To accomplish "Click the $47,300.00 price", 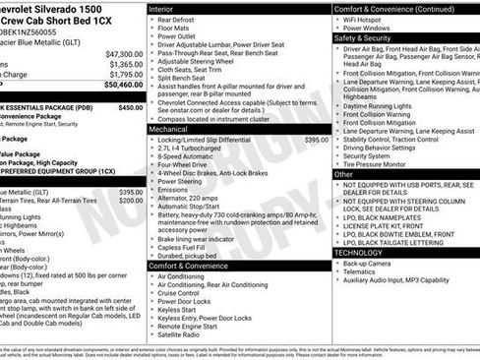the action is (x=124, y=53).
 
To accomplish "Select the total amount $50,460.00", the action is (x=123, y=84).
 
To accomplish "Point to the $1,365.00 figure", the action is (x=126, y=63).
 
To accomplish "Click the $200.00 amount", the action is (x=130, y=200).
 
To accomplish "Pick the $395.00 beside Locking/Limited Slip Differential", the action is (x=317, y=140).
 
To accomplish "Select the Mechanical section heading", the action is (x=169, y=129).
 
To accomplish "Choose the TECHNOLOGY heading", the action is (x=360, y=253).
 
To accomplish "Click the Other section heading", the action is (x=343, y=173).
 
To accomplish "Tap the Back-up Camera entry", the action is (x=368, y=264).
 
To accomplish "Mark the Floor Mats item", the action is (x=174, y=28).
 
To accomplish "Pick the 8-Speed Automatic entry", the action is (x=186, y=156).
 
